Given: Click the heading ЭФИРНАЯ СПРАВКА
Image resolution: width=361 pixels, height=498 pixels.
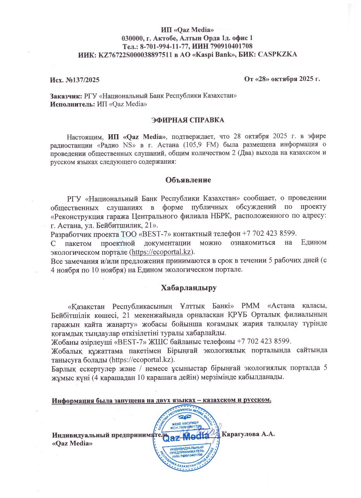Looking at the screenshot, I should click(187, 120).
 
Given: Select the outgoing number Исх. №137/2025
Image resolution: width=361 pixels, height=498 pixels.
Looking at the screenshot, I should click(75, 80).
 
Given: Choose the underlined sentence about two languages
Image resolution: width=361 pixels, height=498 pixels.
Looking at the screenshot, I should click(162, 400).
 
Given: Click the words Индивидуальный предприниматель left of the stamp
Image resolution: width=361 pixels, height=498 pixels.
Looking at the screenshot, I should click(109, 435).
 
